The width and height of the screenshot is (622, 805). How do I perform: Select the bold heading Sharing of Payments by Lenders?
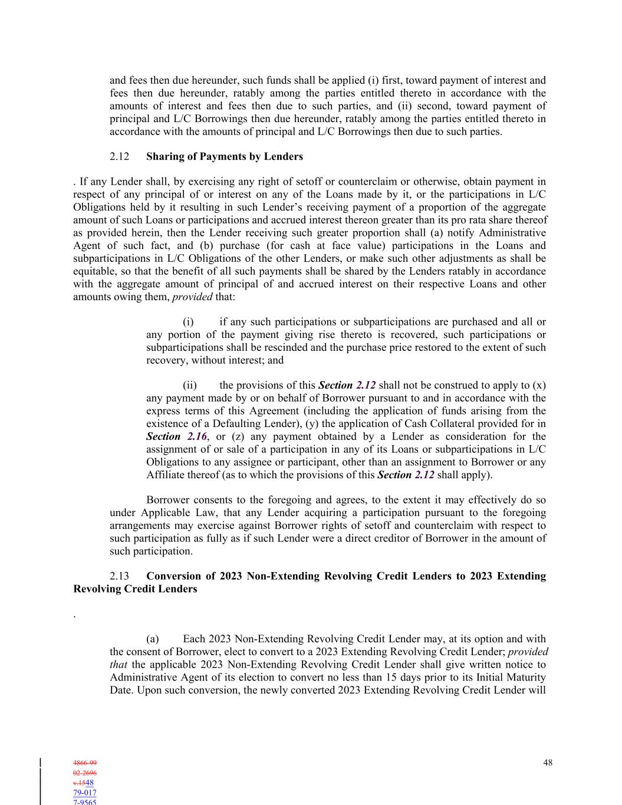224,157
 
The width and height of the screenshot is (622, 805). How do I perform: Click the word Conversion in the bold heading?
172,576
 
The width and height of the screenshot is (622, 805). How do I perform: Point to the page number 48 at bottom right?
548,763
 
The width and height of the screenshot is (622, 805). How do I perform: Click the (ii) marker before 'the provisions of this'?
190,386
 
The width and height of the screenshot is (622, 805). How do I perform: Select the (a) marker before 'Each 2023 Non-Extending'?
153,639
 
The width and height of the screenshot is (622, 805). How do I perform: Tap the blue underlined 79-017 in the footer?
85,793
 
